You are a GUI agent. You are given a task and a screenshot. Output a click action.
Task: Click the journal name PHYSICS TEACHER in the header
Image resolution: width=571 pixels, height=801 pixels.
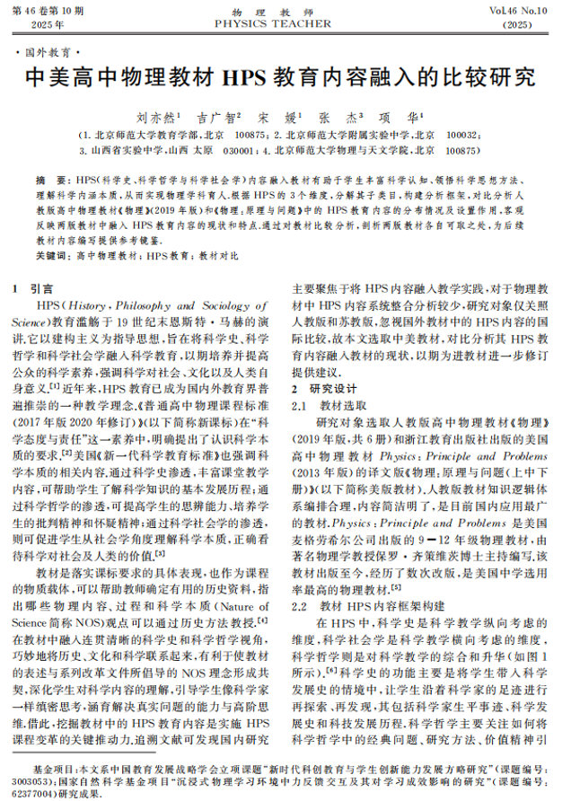click(285, 22)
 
